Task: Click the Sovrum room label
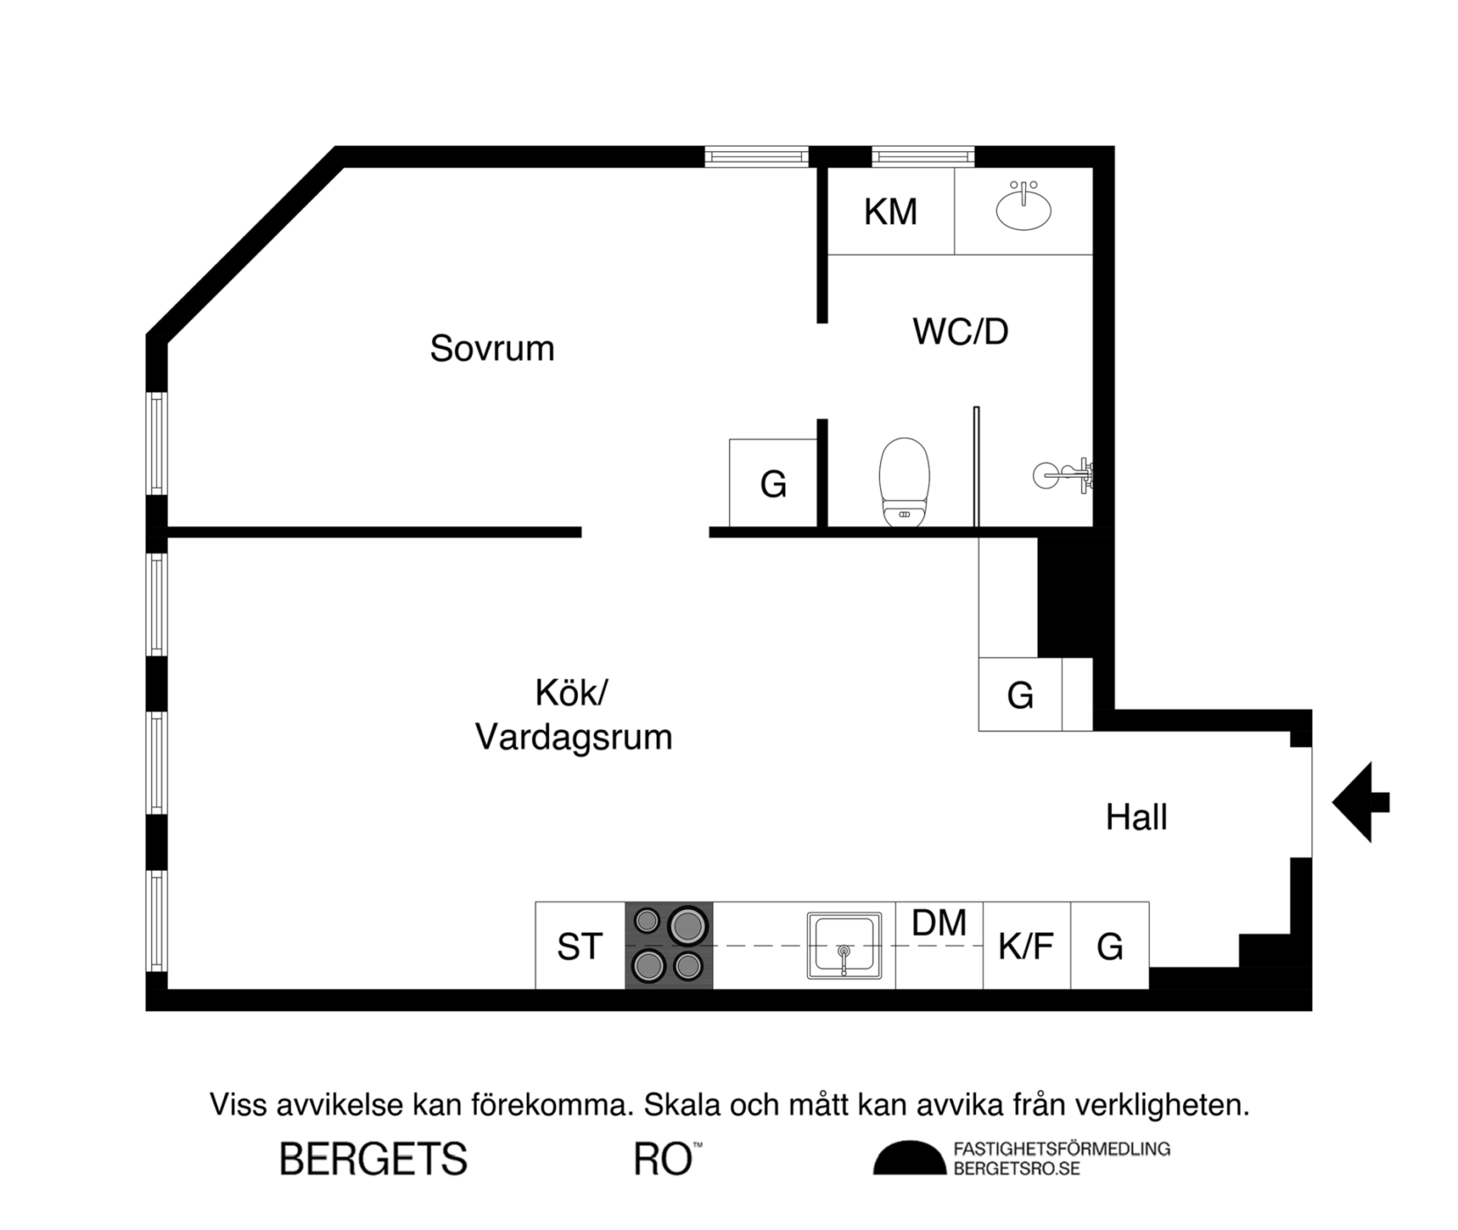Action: [x=492, y=349]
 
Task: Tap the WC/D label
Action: [x=960, y=332]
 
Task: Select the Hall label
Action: [x=1136, y=817]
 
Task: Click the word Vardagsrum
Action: [x=574, y=737]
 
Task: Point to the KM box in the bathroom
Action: [x=891, y=212]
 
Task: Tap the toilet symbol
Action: [x=904, y=481]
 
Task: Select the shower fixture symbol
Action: [x=1065, y=475]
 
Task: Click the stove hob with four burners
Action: [x=668, y=945]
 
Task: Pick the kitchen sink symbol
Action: [x=844, y=946]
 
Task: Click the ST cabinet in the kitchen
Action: [x=580, y=946]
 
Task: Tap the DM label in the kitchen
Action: [x=939, y=923]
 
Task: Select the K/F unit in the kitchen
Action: [x=1026, y=946]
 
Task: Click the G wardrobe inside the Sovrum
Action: [x=773, y=484]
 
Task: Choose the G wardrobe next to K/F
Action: [x=1109, y=946]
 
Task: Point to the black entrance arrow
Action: [x=1360, y=802]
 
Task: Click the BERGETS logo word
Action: [x=373, y=1160]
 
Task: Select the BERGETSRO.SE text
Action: [x=1016, y=1169]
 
